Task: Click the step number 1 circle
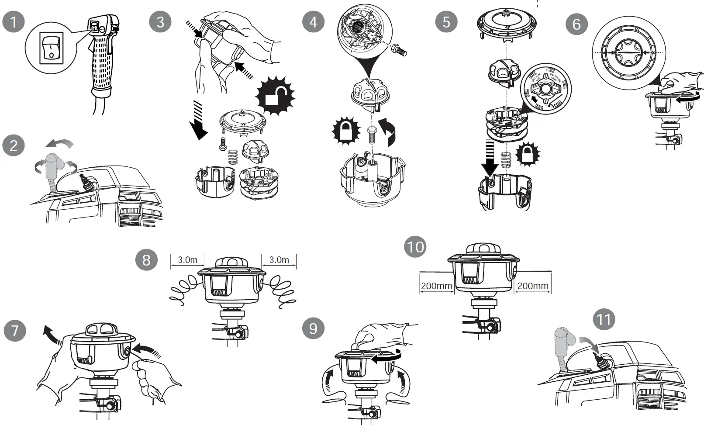pos(14,21)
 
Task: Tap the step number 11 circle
pos(604,319)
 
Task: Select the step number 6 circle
pos(576,24)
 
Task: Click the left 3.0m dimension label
pos(187,260)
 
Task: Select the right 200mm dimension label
pos(532,286)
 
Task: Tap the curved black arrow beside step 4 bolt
pos(389,131)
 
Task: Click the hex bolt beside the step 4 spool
pos(399,50)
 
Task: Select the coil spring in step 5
pos(506,160)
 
